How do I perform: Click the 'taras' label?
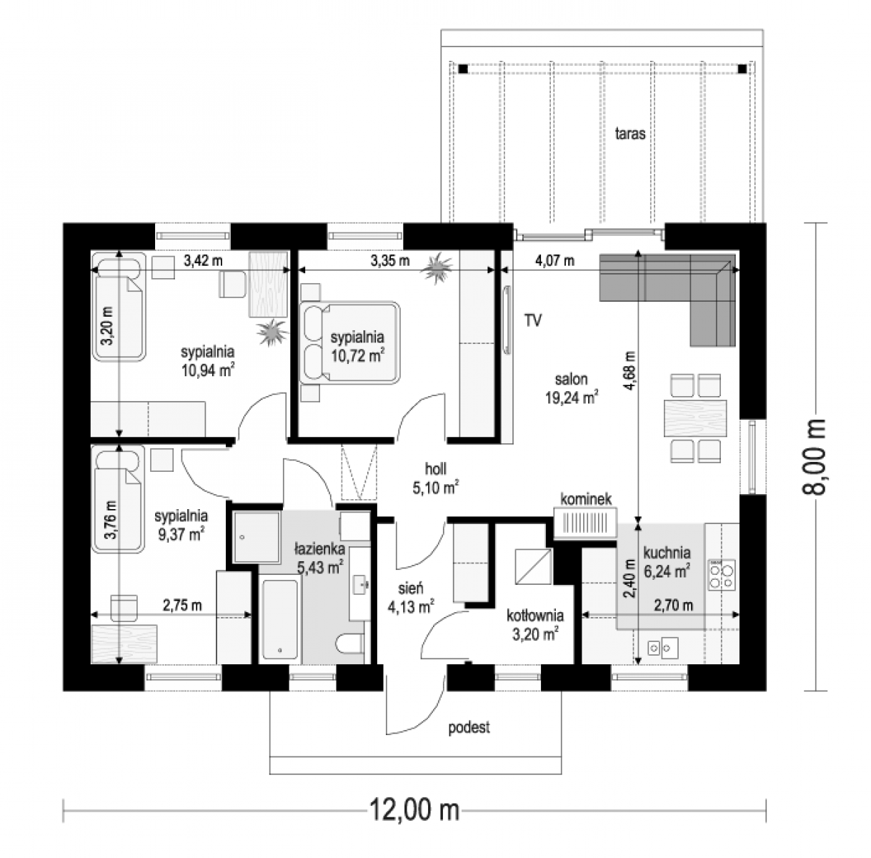pyautogui.click(x=629, y=134)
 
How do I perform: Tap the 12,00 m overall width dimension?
pyautogui.click(x=414, y=809)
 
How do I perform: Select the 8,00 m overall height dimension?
pyautogui.click(x=814, y=458)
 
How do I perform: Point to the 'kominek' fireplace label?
pyautogui.click(x=586, y=499)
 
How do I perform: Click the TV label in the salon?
pyautogui.click(x=533, y=320)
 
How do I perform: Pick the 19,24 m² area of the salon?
pyautogui.click(x=572, y=398)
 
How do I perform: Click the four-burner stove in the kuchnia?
pyautogui.click(x=722, y=574)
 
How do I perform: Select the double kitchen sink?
pyautogui.click(x=662, y=648)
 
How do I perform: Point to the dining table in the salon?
pyautogui.click(x=695, y=418)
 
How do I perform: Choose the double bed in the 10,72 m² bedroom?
pyautogui.click(x=349, y=342)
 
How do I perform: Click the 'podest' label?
pyautogui.click(x=469, y=727)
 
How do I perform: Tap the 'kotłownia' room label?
pyautogui.click(x=534, y=615)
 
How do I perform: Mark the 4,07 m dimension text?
pyautogui.click(x=554, y=260)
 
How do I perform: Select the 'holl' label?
pyautogui.click(x=435, y=468)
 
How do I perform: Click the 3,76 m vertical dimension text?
pyautogui.click(x=110, y=520)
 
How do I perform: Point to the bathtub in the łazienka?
pyautogui.click(x=280, y=619)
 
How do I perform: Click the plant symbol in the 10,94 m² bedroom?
pyautogui.click(x=272, y=332)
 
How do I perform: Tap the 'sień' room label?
pyautogui.click(x=410, y=588)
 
